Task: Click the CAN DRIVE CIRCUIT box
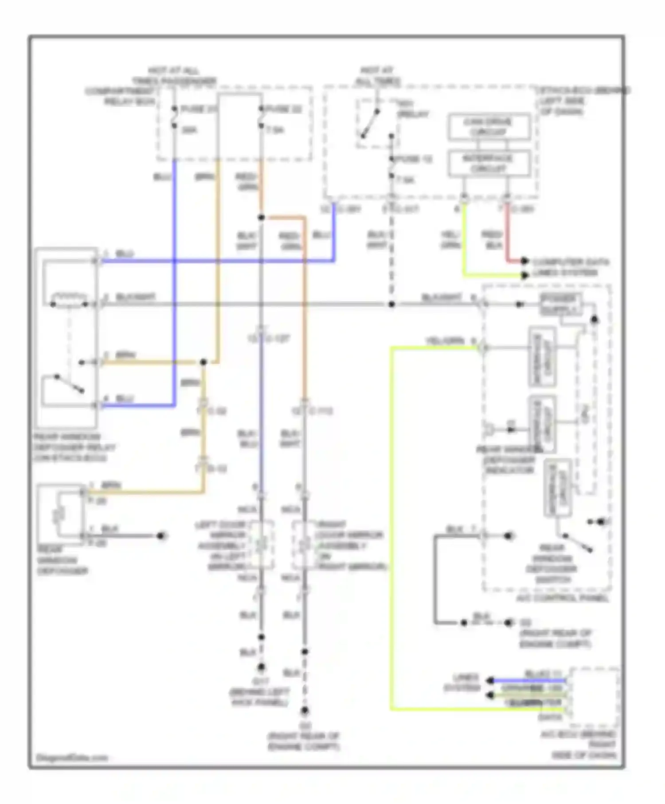coord(489,127)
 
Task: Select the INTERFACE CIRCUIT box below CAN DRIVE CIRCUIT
coord(489,164)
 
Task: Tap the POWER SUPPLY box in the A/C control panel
coord(560,304)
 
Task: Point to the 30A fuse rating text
coord(189,130)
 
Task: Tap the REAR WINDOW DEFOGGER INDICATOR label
coord(509,460)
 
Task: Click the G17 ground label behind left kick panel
coord(260,692)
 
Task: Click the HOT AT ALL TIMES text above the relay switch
coord(377,76)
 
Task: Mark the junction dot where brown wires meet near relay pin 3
coord(203,362)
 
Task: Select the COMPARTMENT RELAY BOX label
coord(120,96)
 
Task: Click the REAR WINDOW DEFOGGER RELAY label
coord(73,447)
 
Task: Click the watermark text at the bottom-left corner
coord(72,757)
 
